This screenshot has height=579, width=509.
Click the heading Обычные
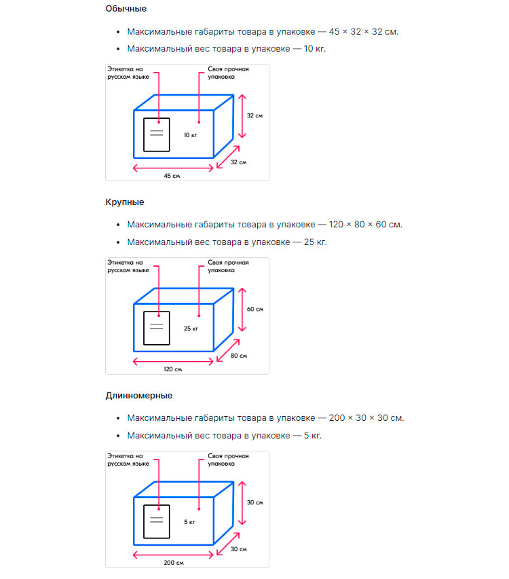[126, 9]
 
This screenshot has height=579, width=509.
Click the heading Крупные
[125, 202]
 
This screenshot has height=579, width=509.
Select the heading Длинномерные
[139, 395]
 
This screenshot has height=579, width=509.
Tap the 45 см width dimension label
[172, 176]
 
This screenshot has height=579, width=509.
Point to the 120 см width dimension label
[173, 369]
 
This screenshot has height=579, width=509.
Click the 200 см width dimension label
[173, 562]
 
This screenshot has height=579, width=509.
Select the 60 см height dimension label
[254, 309]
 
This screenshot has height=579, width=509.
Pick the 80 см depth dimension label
[239, 356]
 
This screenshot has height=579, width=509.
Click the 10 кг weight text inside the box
[190, 135]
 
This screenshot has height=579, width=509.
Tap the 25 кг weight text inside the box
[191, 329]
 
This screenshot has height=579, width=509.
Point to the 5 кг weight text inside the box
[189, 522]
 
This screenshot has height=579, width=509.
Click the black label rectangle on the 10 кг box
[156, 134]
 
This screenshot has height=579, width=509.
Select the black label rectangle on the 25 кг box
[156, 328]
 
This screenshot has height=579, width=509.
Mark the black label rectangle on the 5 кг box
[156, 521]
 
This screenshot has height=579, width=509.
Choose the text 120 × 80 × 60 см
[365, 225]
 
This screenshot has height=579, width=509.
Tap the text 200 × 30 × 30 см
[366, 417]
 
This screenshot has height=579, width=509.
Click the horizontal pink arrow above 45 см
[173, 168]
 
